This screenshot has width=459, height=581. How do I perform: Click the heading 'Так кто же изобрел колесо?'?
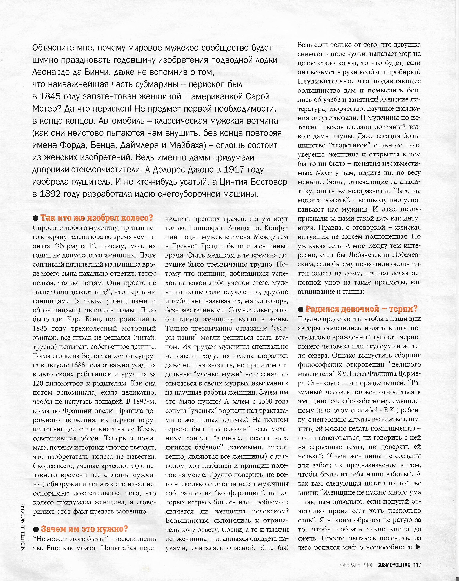click(96, 218)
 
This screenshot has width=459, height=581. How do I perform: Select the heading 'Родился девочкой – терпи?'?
click(361, 309)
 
